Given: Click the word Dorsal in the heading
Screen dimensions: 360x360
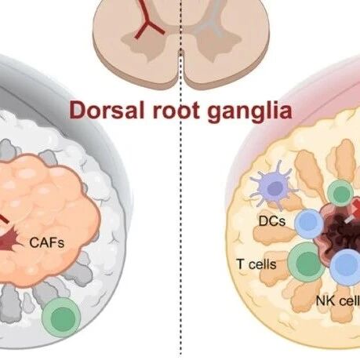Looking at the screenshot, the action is [107, 111].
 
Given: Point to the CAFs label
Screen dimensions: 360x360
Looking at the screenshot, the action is [47, 242].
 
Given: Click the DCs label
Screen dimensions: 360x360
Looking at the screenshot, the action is [272, 221].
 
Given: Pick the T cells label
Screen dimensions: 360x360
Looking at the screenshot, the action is [256, 264].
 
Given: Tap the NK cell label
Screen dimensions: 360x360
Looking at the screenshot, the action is [338, 301].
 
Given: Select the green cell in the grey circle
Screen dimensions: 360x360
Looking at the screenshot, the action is [62, 317].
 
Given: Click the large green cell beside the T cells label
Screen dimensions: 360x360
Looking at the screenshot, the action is [307, 262].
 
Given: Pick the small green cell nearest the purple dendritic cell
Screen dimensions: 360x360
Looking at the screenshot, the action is [341, 194].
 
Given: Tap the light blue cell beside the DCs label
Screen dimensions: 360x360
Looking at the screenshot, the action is [309, 223].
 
